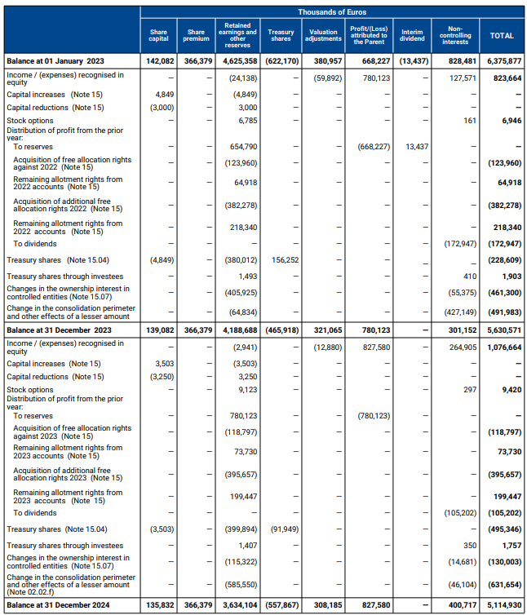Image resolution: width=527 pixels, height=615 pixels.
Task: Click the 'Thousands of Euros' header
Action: click(x=331, y=12)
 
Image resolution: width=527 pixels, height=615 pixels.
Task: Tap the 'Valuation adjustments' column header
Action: click(x=324, y=36)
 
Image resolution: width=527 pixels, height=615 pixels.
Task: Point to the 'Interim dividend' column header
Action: click(x=413, y=36)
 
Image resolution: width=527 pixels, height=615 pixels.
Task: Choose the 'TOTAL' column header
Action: click(x=501, y=36)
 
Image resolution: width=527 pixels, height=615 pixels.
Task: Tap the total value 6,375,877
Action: click(x=503, y=61)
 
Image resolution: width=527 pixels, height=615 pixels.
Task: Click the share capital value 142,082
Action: click(x=155, y=61)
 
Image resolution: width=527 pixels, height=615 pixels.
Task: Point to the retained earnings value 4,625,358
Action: click(x=239, y=61)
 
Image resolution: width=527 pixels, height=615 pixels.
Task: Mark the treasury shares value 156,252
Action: click(x=282, y=259)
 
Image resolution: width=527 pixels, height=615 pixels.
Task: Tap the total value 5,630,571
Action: click(x=503, y=330)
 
